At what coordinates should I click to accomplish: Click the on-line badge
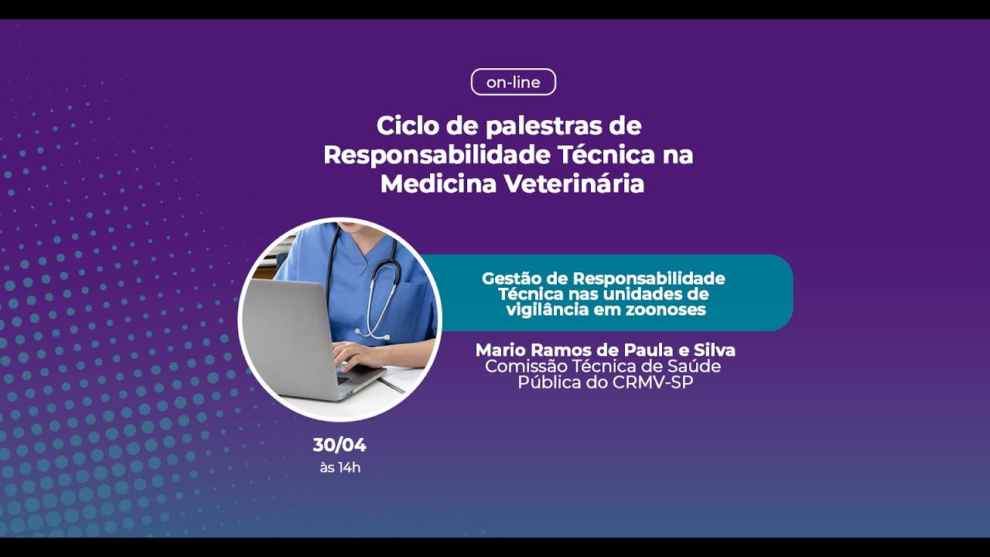point(514,82)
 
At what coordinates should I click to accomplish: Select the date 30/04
point(340,446)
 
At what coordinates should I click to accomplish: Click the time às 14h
point(340,467)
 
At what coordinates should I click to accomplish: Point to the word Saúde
point(693,366)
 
